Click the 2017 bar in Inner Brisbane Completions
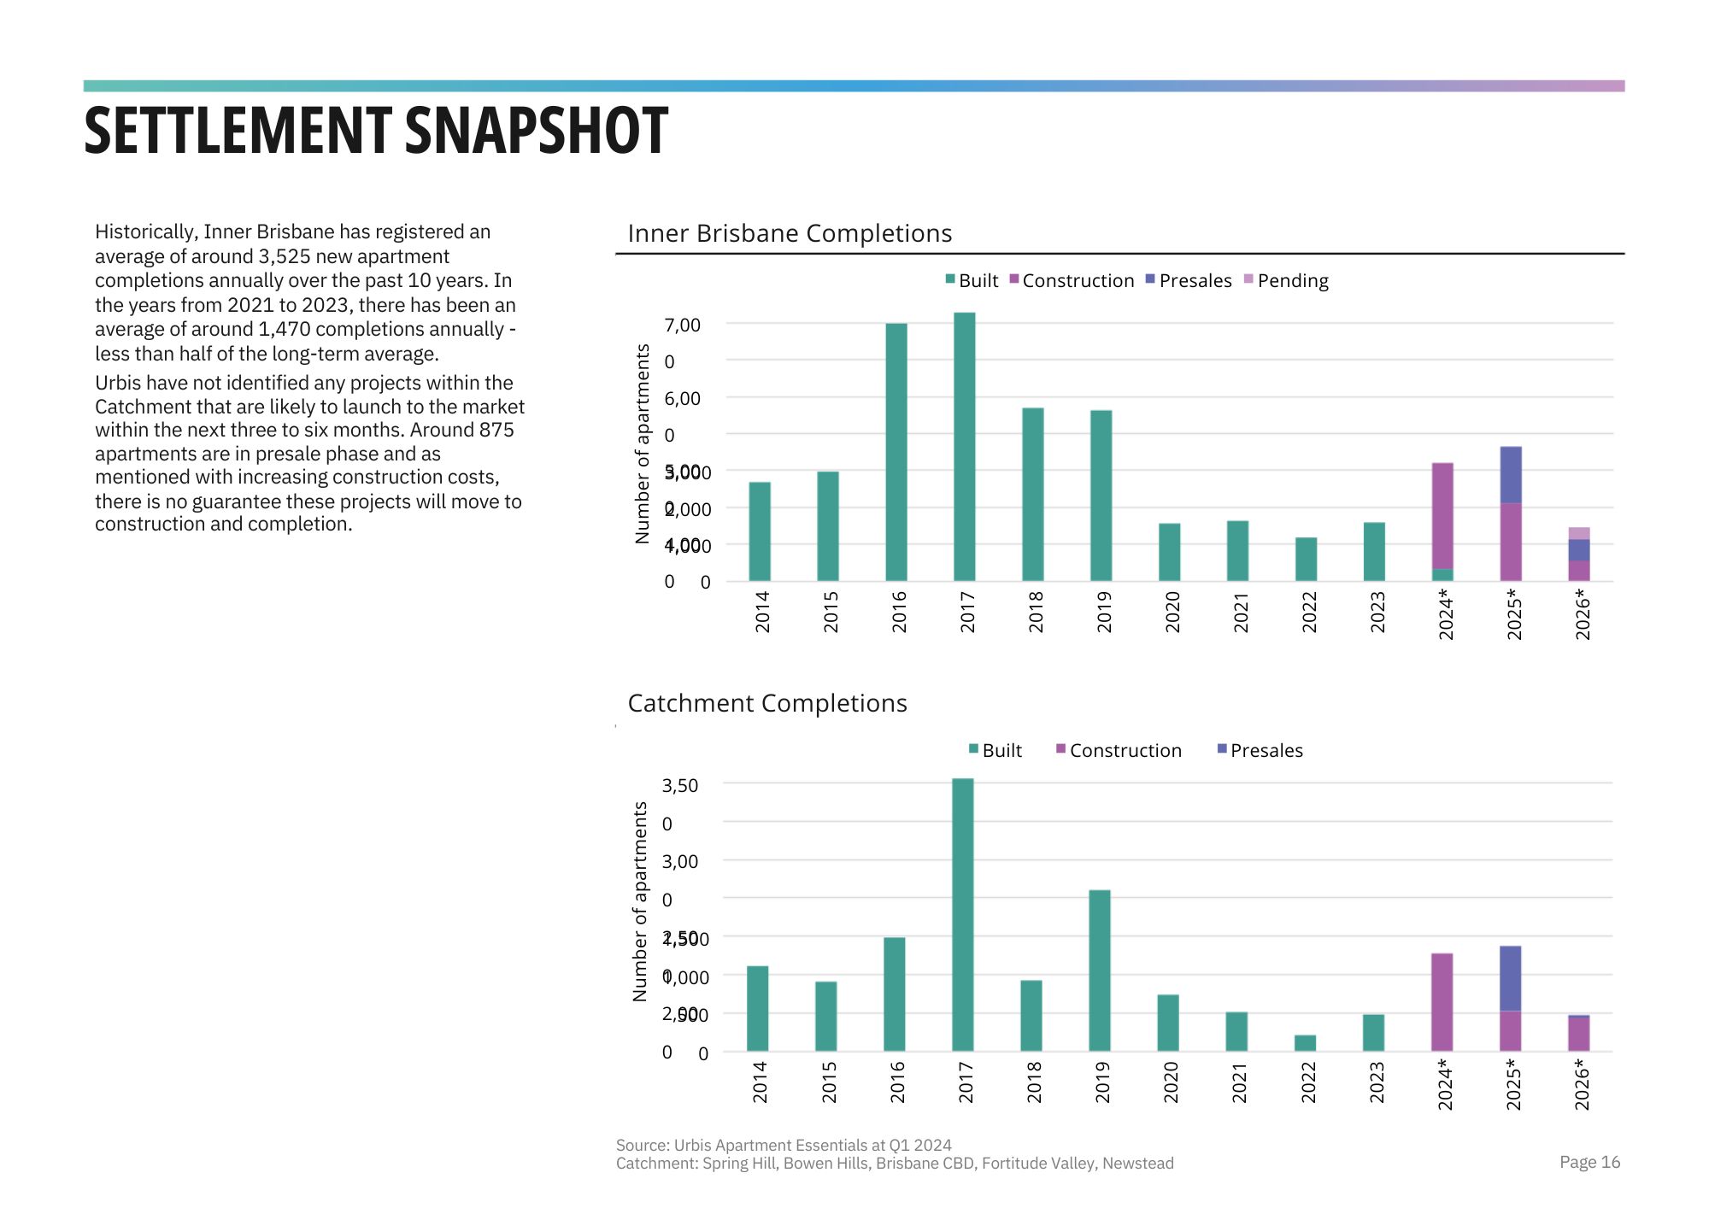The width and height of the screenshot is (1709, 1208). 964,447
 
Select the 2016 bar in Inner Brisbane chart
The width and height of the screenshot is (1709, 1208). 896,452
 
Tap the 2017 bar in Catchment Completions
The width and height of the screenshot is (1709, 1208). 962,914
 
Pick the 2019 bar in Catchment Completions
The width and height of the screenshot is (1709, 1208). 1099,971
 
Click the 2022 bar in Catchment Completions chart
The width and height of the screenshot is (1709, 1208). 1305,1043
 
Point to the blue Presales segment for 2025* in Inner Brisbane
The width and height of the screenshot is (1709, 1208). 1511,475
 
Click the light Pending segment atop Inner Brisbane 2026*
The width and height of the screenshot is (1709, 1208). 1579,533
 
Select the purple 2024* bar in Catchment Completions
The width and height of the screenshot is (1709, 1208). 1442,1002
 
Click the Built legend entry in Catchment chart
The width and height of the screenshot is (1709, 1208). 995,751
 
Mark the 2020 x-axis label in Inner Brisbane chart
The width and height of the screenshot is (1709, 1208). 1172,612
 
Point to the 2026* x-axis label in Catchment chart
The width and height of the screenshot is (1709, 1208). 1582,1084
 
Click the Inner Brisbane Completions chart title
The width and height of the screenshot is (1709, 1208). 790,233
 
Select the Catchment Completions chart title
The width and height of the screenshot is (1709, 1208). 767,703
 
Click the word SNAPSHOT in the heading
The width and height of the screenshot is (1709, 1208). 536,132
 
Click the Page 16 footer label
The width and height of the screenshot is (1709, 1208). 1589,1162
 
